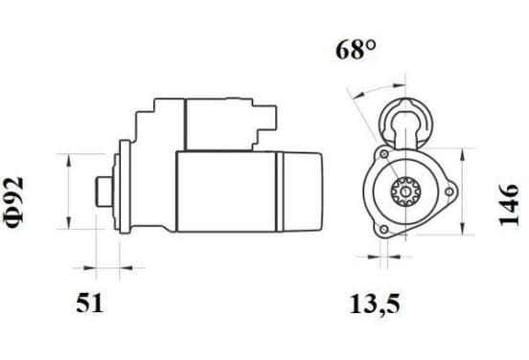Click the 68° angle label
(x=356, y=50)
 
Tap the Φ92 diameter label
(x=14, y=202)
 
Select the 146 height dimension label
(x=508, y=205)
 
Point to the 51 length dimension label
(x=89, y=303)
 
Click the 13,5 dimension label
(x=375, y=304)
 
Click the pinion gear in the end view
(x=405, y=191)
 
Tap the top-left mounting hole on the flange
(x=384, y=154)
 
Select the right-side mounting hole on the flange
(x=449, y=191)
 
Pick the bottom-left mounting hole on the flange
(x=384, y=230)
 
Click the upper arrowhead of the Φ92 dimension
(x=68, y=160)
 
